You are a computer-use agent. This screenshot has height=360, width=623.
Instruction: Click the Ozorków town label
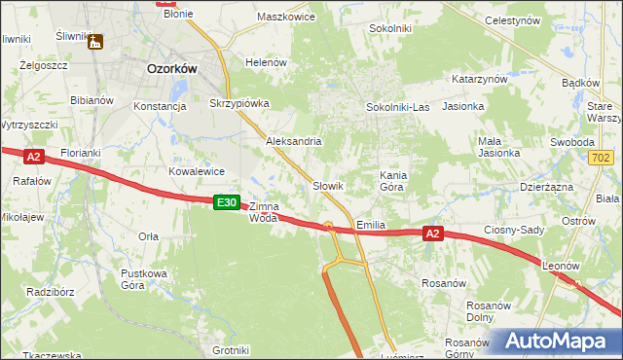pyautogui.click(x=172, y=69)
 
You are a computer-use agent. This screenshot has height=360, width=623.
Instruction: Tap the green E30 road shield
pyautogui.click(x=226, y=201)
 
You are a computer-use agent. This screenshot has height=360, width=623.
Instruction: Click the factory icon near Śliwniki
pyautogui.click(x=94, y=42)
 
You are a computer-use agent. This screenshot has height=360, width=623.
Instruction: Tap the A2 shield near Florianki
pyautogui.click(x=33, y=156)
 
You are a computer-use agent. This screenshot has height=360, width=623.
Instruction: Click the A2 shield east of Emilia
pyautogui.click(x=434, y=234)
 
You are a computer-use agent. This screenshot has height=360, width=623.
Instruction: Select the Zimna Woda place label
pyautogui.click(x=264, y=212)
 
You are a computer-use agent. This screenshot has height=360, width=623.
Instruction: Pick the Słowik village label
pyautogui.click(x=328, y=185)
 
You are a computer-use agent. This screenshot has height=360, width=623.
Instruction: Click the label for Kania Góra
pyautogui.click(x=397, y=180)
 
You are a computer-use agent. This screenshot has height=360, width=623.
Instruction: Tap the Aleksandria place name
pyautogui.click(x=294, y=141)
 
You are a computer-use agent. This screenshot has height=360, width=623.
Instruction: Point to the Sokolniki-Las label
pyautogui.click(x=397, y=106)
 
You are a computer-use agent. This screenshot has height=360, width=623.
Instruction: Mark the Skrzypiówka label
pyautogui.click(x=238, y=102)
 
